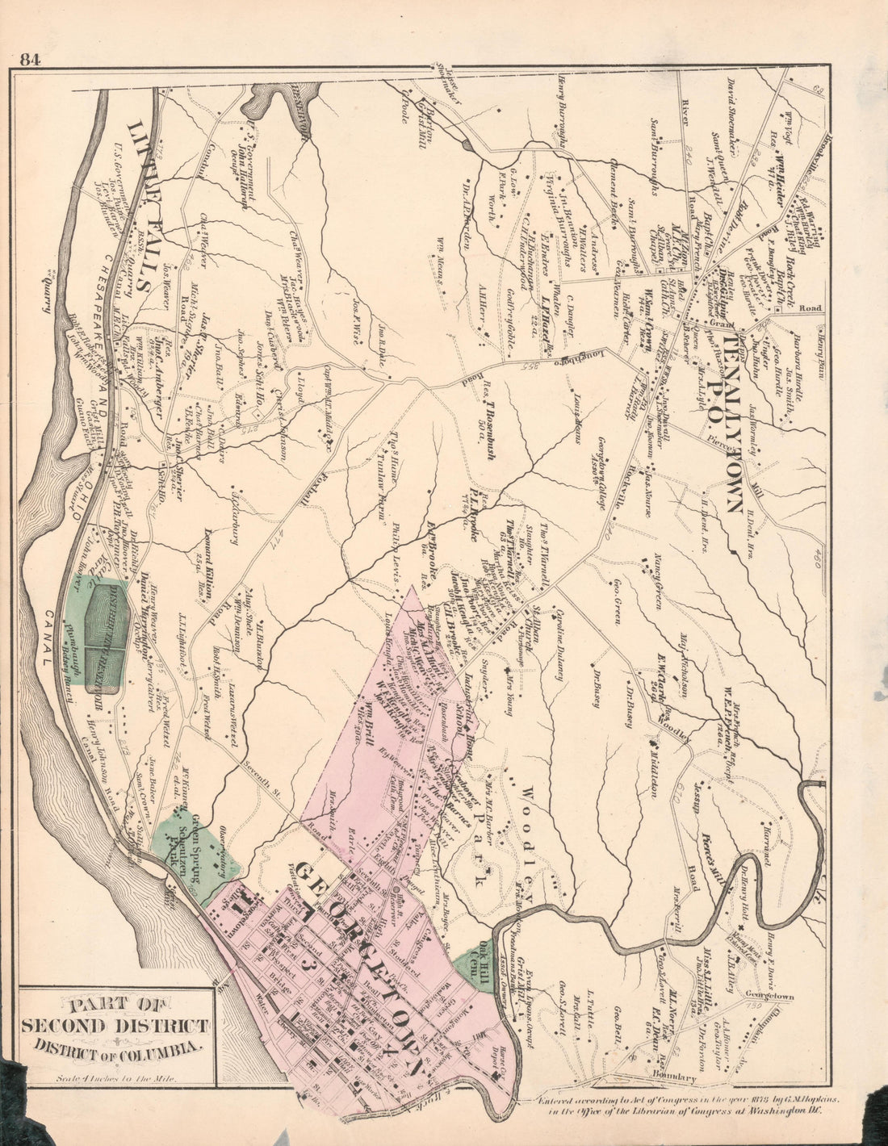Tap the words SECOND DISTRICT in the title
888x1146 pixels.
point(115,1027)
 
